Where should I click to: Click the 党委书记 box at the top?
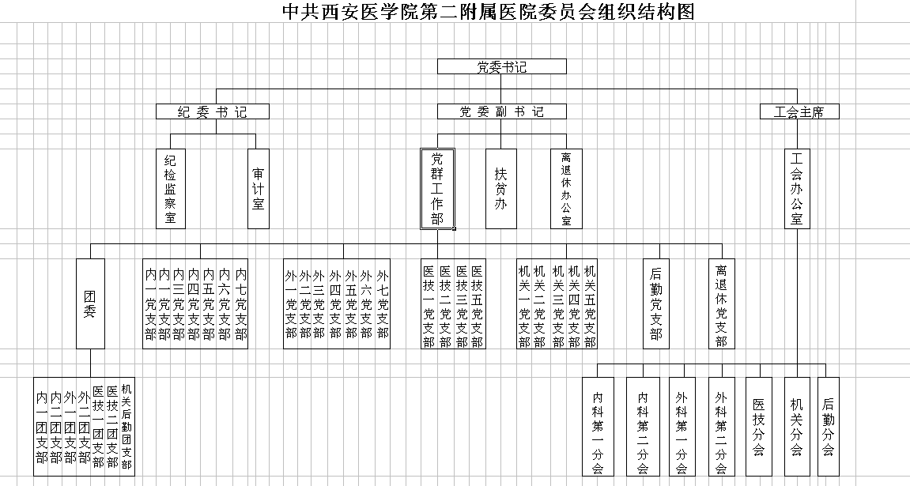click(x=501, y=66)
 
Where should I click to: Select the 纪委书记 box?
click(x=213, y=111)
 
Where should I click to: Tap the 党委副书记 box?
click(x=501, y=111)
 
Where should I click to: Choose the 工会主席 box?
click(x=799, y=111)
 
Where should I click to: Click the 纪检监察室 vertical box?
click(x=171, y=189)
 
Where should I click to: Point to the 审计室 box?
click(x=259, y=189)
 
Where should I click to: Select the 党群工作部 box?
click(x=437, y=189)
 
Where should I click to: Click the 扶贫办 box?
click(x=500, y=189)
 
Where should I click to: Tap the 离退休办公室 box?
click(x=566, y=189)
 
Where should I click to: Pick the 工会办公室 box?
click(x=798, y=189)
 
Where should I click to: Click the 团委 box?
click(x=91, y=303)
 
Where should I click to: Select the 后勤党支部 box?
click(x=655, y=303)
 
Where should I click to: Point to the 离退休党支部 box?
click(x=721, y=303)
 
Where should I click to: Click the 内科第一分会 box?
click(x=598, y=426)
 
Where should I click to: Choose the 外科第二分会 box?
click(x=721, y=426)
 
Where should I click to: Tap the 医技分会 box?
click(x=758, y=426)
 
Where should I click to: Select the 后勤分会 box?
click(x=828, y=426)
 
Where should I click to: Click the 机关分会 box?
click(x=797, y=426)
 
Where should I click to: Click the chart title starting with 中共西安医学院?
click(x=488, y=11)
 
